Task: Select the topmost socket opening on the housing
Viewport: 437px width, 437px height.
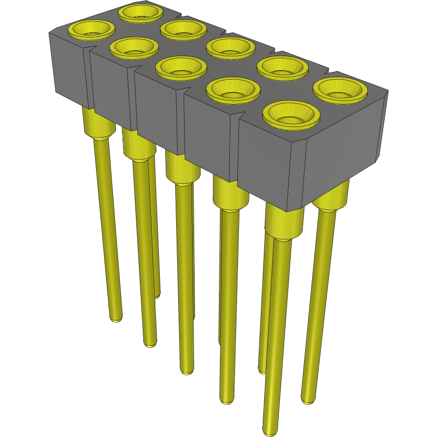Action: [x=142, y=12]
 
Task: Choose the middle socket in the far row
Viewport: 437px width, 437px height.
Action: [x=230, y=47]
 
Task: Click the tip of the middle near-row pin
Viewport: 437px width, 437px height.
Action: [x=186, y=371]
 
